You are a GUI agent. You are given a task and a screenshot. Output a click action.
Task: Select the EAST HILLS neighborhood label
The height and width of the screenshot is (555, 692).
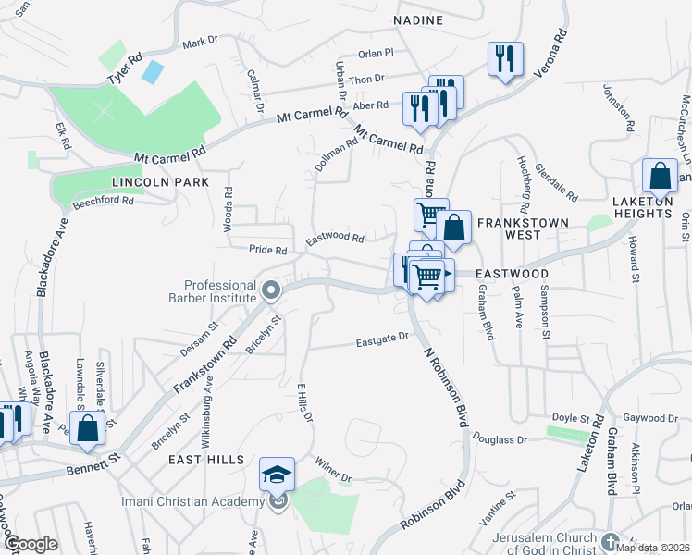click(x=207, y=460)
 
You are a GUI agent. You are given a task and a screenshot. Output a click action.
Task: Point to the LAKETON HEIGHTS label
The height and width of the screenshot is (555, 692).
click(x=642, y=207)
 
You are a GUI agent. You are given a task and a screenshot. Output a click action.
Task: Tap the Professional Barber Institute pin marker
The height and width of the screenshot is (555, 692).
click(x=271, y=291)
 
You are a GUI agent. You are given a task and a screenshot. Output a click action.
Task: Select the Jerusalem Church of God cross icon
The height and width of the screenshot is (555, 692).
click(x=609, y=539)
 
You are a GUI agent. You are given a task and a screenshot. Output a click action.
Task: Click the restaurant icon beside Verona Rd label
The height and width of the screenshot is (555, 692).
click(x=505, y=60)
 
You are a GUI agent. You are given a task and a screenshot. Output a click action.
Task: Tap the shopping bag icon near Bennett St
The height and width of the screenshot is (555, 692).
click(x=87, y=428)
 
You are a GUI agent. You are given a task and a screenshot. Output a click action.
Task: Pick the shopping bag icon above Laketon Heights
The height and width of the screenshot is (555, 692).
click(x=661, y=176)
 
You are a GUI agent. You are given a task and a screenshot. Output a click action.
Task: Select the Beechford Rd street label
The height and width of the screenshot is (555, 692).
click(x=103, y=201)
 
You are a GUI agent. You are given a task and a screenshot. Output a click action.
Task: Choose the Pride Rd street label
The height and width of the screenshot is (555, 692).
click(x=268, y=250)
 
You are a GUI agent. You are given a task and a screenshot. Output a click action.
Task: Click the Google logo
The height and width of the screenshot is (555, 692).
click(x=31, y=545)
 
